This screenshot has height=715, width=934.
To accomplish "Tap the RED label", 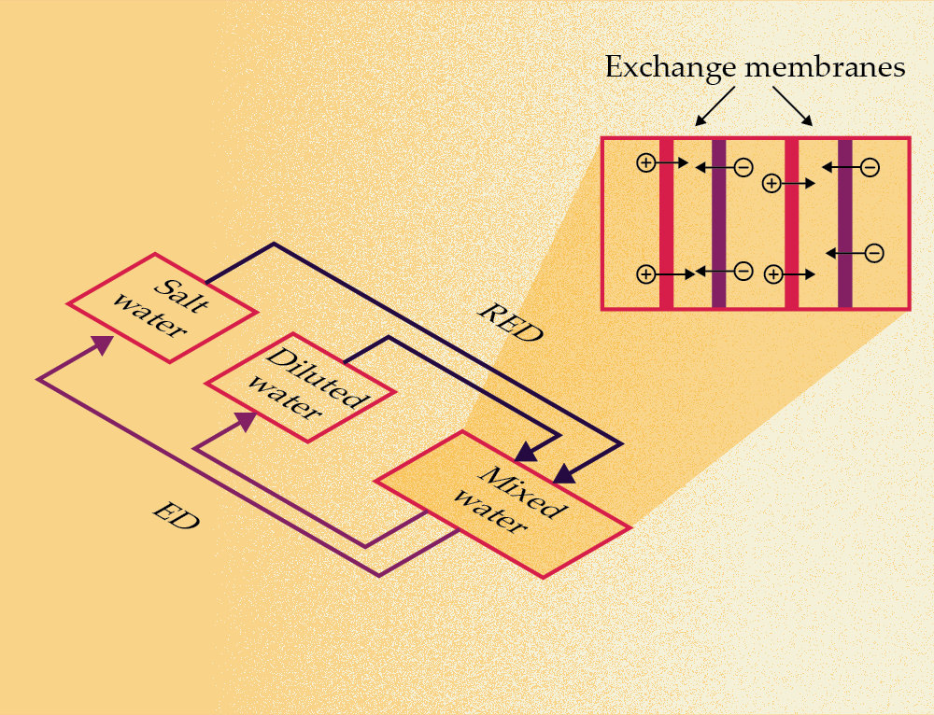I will click(510, 323).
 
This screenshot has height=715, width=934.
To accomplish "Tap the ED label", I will click(176, 517).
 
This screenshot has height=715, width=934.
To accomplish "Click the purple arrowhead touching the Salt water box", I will click(102, 343).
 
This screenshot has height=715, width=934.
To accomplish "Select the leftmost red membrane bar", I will click(666, 223).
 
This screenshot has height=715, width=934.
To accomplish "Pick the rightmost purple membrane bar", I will click(844, 223).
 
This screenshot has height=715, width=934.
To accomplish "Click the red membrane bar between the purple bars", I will click(791, 223).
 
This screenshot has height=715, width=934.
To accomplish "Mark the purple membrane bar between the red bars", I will click(718, 223).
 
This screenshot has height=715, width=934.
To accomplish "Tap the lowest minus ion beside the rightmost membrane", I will click(874, 252).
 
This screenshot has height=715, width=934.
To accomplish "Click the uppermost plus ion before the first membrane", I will click(644, 163).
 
